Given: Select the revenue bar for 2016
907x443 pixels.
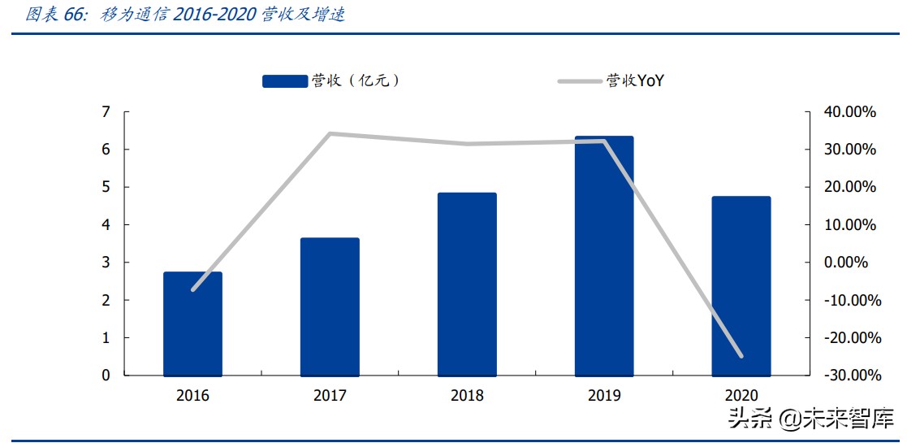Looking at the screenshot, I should [192, 324].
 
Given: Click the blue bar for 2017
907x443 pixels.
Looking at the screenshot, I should [330, 306].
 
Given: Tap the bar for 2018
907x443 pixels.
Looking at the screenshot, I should [467, 284].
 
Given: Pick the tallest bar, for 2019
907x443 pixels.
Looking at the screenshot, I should [604, 255].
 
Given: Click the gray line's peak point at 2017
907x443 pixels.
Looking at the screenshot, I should [330, 133].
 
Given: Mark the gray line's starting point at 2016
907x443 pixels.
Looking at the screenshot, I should [192, 289].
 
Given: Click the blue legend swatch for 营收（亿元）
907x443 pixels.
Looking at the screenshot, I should [284, 80].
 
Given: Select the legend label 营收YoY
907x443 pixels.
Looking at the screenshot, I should [636, 80].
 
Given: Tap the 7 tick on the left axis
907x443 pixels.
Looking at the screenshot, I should [106, 112].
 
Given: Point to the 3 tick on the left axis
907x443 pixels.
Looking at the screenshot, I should [106, 263].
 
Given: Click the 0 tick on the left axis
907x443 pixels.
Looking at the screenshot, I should [106, 376].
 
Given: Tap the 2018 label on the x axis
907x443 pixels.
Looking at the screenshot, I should [467, 396].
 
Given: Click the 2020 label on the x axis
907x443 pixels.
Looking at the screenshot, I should [741, 396].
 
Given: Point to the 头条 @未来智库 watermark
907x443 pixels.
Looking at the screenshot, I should [812, 419].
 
